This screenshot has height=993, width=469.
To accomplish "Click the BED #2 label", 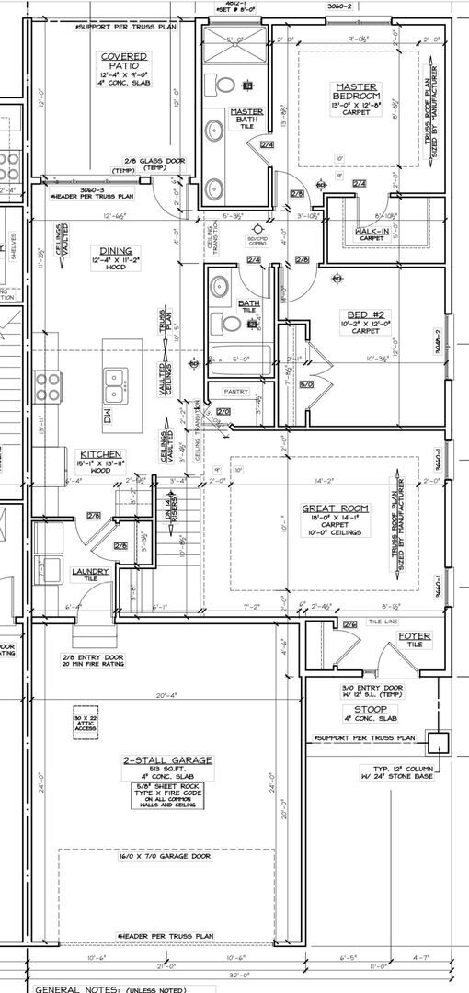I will [357, 314].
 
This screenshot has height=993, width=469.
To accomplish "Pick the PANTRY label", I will [236, 392].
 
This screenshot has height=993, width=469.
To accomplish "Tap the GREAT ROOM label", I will [335, 508].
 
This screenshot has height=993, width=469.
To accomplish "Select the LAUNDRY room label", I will [90, 571].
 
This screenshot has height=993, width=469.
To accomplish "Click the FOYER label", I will [409, 635].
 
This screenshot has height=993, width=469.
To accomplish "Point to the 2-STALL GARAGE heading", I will [167, 759].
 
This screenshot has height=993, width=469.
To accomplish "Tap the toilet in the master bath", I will [222, 86].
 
